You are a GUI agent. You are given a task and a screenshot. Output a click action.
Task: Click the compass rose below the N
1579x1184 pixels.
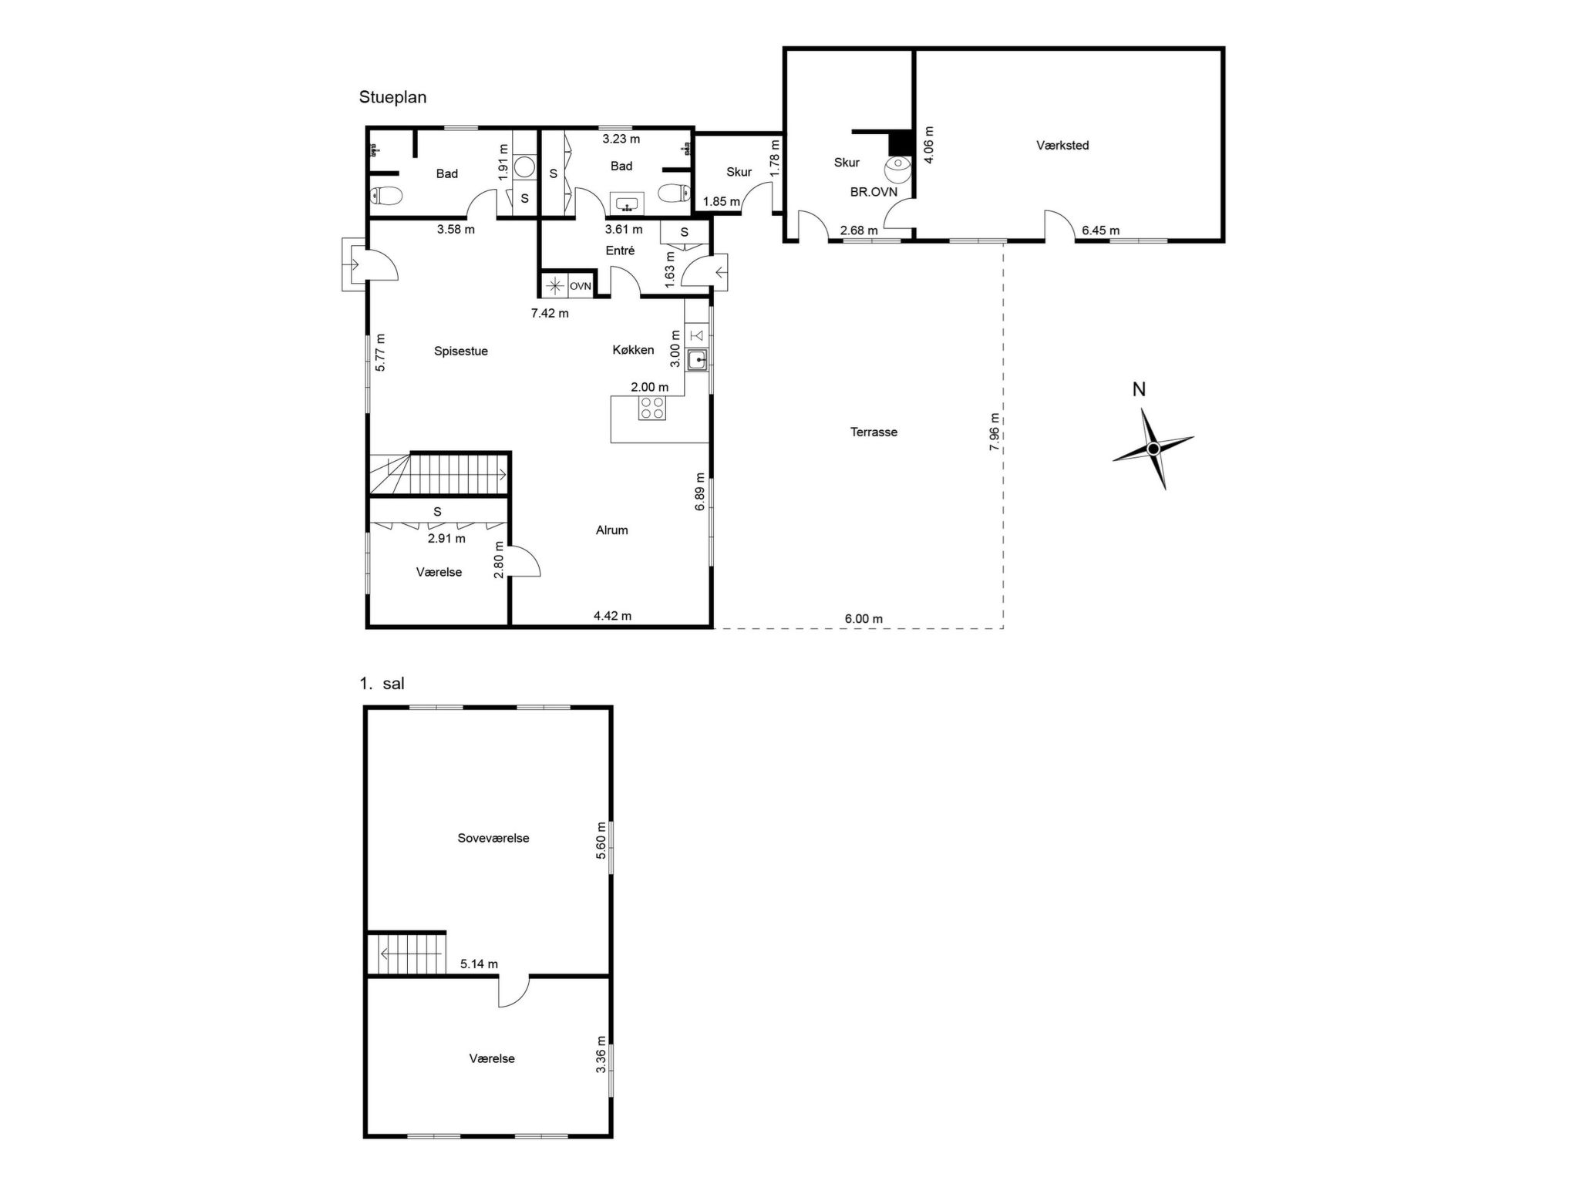coord(1153,449)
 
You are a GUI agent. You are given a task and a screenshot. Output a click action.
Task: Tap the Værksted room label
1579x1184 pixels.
coord(1062,145)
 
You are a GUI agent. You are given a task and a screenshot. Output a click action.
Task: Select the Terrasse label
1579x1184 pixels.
coord(874,432)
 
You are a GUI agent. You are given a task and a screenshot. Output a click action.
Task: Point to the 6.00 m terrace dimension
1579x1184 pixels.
coord(864,618)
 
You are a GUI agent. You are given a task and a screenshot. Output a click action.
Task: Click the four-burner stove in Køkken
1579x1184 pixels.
coord(652,408)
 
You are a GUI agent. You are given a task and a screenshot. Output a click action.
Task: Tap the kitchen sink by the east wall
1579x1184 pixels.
coord(698,360)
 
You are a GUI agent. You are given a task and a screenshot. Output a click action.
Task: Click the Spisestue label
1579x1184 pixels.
coord(461,351)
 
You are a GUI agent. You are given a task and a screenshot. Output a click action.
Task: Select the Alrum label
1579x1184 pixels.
coord(611,530)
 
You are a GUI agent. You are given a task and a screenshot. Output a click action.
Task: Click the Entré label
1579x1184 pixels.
coord(620,251)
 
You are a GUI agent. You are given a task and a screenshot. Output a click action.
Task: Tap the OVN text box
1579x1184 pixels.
coord(581,286)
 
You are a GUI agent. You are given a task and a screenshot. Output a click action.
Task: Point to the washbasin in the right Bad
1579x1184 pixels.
coord(627,204)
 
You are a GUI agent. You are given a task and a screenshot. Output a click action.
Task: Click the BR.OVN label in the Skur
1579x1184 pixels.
coord(874,192)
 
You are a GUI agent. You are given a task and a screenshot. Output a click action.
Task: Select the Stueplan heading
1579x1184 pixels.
coord(392,97)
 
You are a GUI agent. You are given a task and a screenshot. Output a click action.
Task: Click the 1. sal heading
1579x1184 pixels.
coord(382,684)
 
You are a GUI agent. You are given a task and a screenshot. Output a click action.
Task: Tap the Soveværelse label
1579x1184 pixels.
coord(493,838)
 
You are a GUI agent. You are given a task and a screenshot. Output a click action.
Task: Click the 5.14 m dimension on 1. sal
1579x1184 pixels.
coord(479,964)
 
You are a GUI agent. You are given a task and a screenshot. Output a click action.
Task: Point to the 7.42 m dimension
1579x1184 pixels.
coord(550,313)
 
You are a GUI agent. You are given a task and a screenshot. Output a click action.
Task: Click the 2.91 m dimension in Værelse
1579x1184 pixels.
coord(446,539)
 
